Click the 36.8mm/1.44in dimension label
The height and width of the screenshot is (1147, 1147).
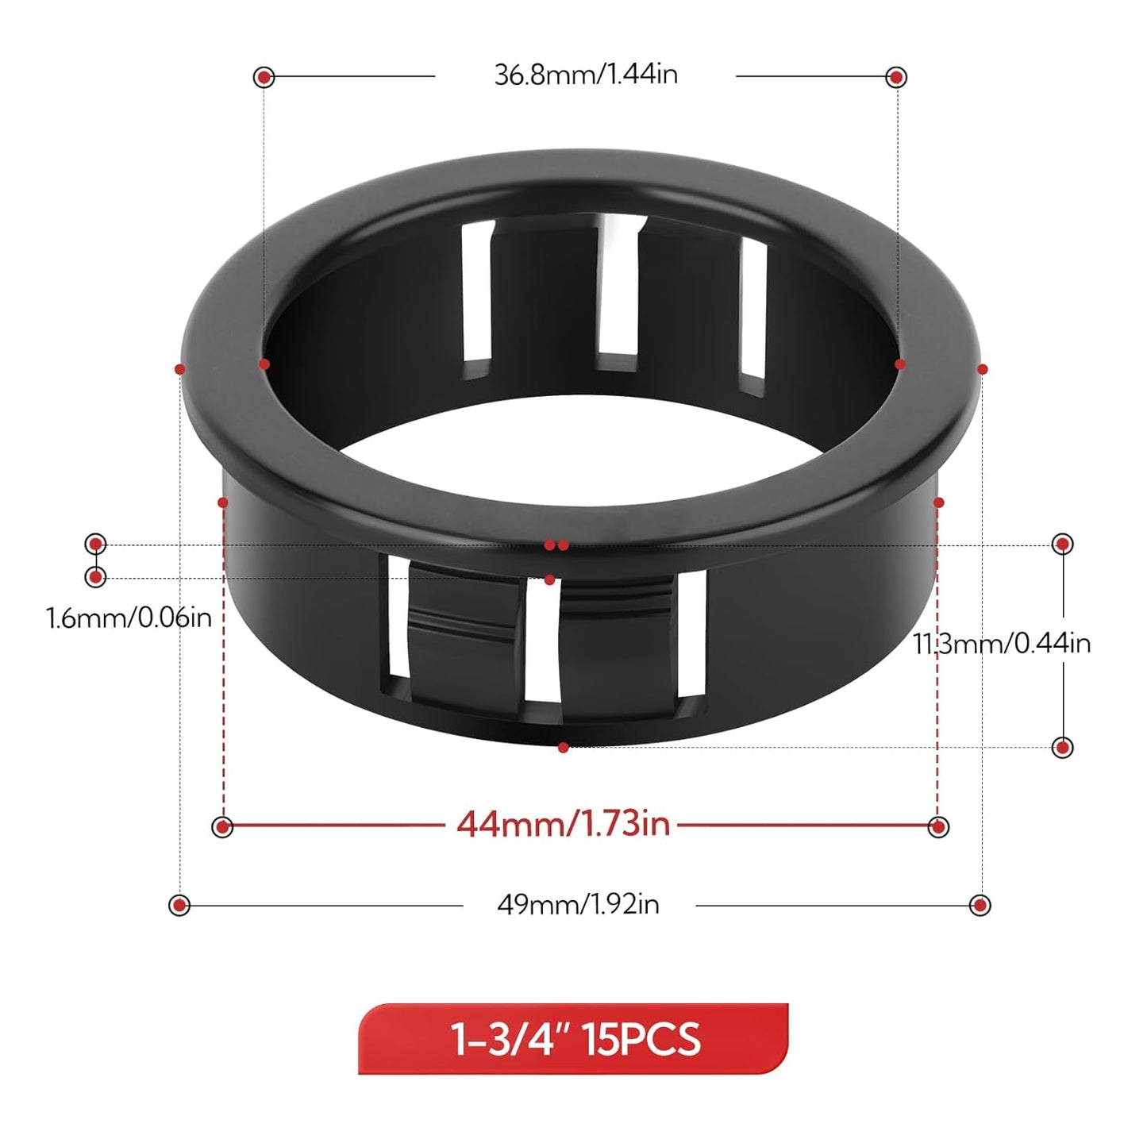586,75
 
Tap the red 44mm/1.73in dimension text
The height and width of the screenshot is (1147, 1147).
563,826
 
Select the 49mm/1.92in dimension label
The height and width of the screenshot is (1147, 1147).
578,905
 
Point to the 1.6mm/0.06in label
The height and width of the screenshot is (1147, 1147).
129,618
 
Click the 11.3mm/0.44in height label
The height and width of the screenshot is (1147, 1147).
1002,644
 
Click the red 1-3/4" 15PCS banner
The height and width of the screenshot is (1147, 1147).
573,1039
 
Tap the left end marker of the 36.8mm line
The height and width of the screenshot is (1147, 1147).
264,77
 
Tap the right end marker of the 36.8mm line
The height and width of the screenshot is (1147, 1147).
896,77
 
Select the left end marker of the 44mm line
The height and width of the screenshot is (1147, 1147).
223,827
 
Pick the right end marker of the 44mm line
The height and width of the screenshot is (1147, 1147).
938,827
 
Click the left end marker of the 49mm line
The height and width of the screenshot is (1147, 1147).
179,905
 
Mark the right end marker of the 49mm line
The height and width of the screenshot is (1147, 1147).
980,905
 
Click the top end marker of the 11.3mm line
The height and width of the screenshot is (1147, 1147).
1062,544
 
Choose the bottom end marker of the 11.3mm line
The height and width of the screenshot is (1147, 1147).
1062,747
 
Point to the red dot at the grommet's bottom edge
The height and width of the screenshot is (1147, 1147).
563,748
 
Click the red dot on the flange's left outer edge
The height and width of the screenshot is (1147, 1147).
180,369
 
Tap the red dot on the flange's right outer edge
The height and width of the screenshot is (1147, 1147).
982,369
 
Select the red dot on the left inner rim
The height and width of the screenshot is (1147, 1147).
264,364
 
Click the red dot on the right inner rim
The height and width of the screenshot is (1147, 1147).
899,364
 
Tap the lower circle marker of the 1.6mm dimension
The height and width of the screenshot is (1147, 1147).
95,576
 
